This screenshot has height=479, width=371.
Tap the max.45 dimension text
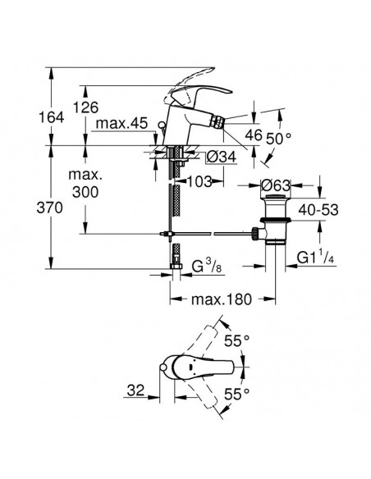point(120,124)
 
